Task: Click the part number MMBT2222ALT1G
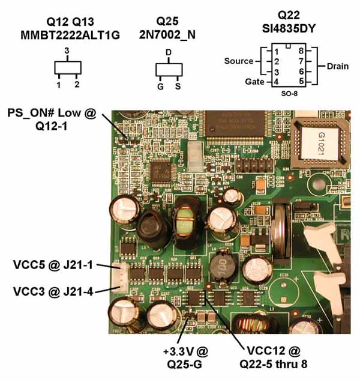[70, 35]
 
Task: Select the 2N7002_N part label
[169, 35]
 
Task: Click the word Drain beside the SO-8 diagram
[337, 67]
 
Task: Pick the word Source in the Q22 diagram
[238, 61]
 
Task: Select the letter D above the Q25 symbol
[169, 53]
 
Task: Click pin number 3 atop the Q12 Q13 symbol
[67, 51]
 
